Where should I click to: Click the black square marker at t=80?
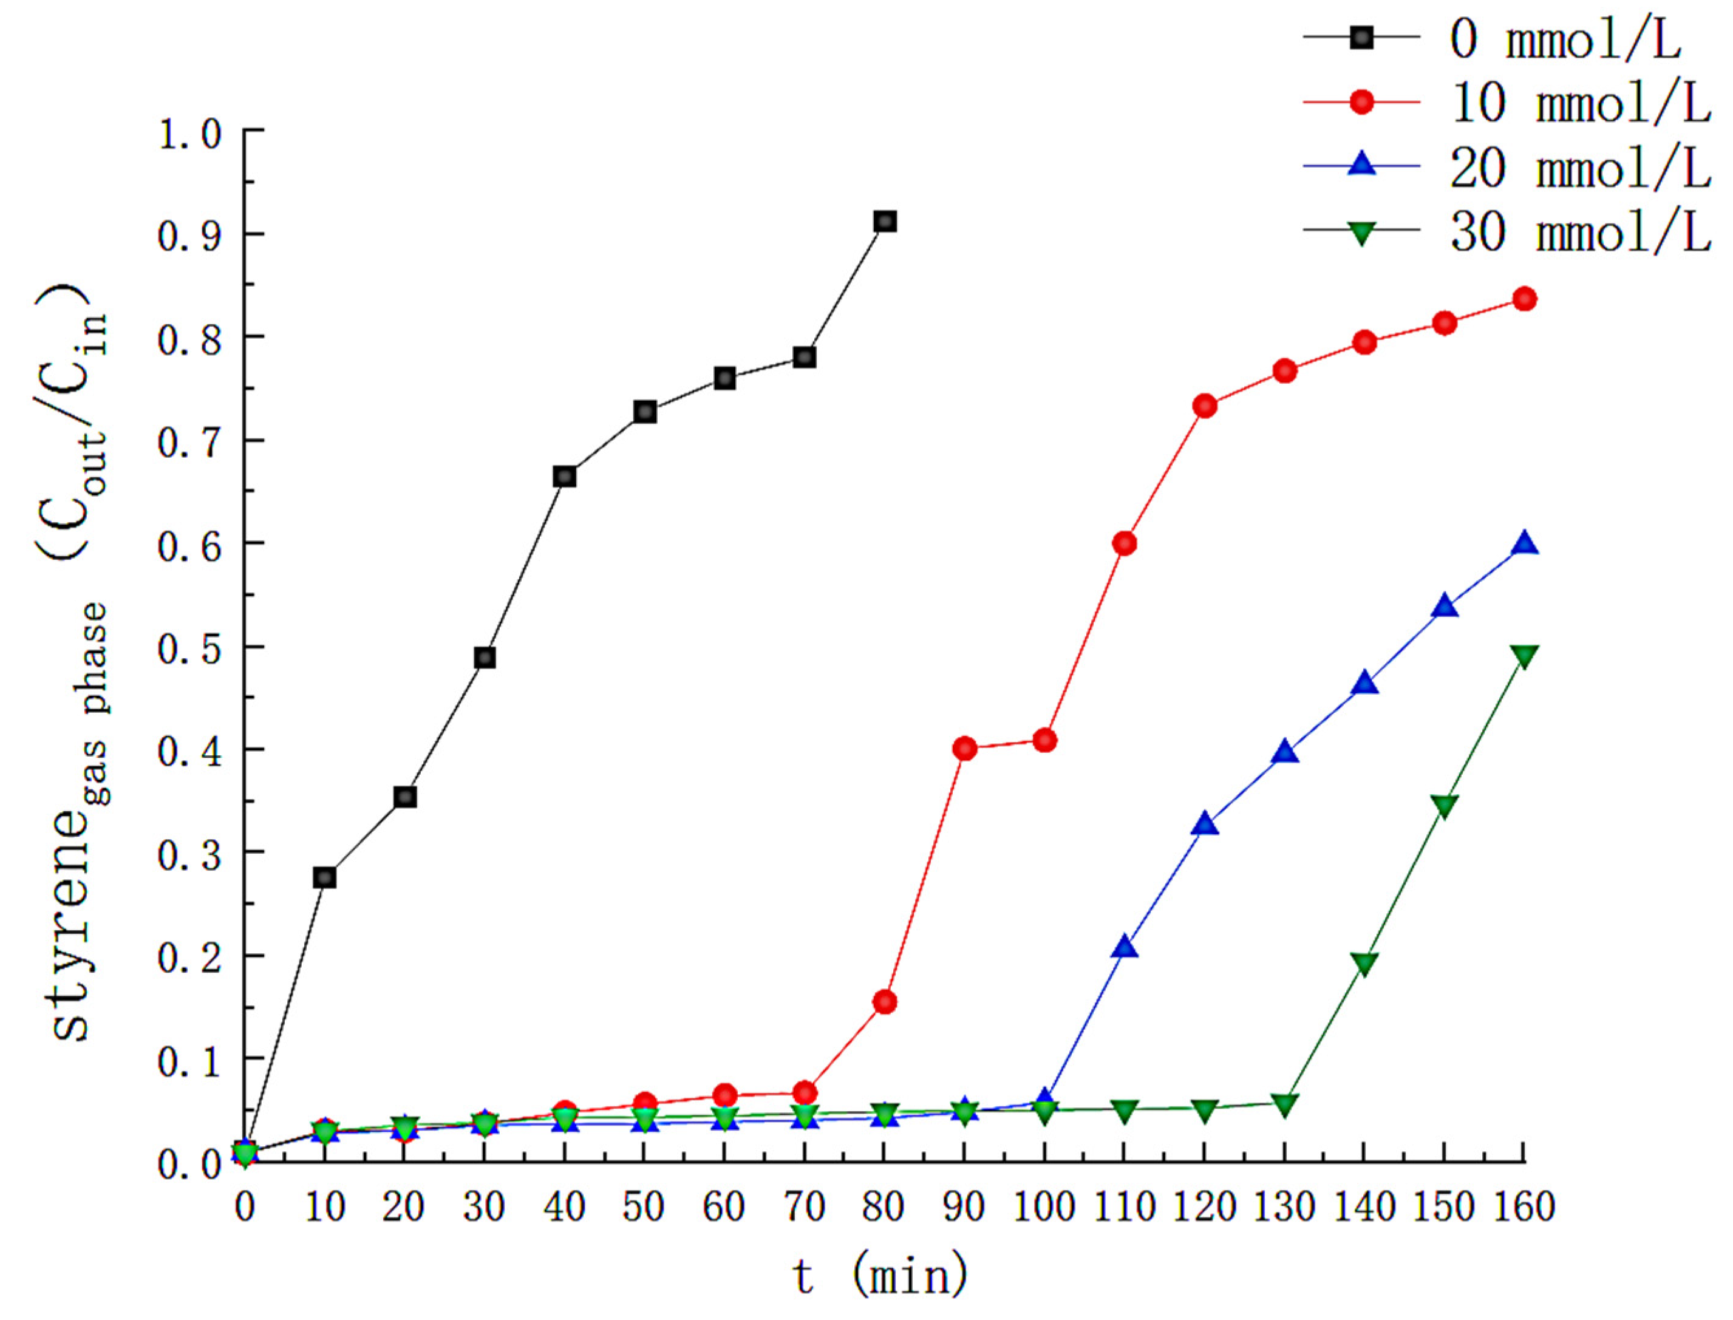[x=885, y=222]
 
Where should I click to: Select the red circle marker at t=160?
[x=1524, y=299]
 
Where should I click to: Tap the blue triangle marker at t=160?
[x=1524, y=543]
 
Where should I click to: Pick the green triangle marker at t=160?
[x=1524, y=656]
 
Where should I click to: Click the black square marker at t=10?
[x=324, y=877]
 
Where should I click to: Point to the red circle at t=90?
[x=965, y=749]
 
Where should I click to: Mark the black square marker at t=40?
[x=565, y=477]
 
